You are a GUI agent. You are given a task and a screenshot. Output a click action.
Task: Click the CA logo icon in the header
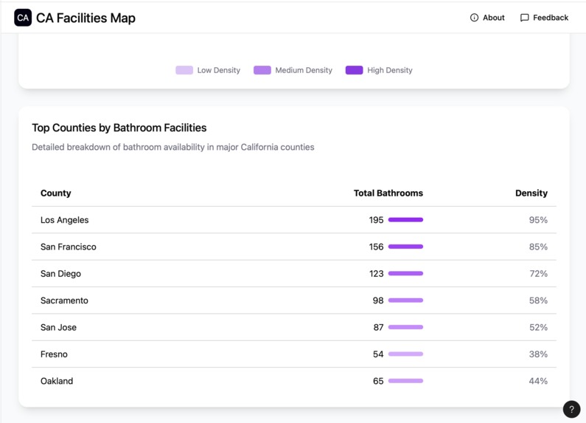pos(23,18)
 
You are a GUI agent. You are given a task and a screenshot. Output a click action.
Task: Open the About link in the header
pos(487,18)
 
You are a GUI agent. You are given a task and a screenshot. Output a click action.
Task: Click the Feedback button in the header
pos(544,18)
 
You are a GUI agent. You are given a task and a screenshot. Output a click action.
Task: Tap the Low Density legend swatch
pos(184,70)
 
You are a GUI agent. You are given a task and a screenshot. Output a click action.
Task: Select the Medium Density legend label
pos(304,70)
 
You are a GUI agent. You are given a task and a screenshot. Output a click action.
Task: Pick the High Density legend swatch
pos(354,70)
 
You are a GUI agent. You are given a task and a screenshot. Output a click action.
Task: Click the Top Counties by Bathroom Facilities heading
pos(119,128)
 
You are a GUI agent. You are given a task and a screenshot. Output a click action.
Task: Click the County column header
pos(56,193)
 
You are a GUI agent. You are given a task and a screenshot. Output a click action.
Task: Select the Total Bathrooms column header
pos(388,193)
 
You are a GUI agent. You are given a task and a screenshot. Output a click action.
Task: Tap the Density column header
pos(531,193)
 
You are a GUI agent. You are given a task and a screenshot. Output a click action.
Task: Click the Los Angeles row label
pos(65,220)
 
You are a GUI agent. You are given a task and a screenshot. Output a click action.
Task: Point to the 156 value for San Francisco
pos(377,247)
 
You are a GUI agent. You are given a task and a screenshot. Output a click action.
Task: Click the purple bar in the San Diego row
pos(405,274)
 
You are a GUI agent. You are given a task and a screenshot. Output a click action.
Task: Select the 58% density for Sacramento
pos(538,300)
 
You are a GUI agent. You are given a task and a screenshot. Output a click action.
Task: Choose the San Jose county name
pos(59,327)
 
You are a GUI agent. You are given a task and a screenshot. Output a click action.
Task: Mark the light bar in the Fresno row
pos(405,354)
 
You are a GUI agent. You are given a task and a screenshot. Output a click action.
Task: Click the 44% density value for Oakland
pos(538,381)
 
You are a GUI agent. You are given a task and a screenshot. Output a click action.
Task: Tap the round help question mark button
pos(571,409)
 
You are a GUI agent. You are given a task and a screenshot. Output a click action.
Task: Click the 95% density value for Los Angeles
pos(538,220)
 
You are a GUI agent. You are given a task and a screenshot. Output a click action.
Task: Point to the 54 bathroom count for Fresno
pos(378,354)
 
